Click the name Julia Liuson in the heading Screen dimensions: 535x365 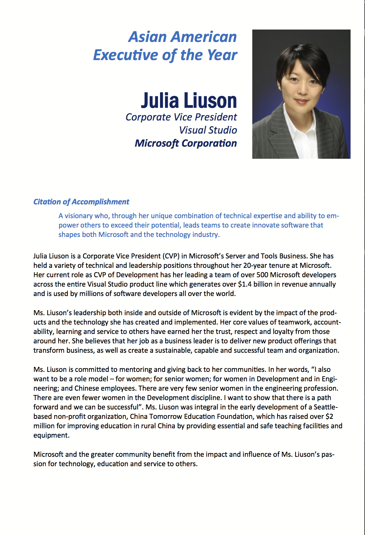189,100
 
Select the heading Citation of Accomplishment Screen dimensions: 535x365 81,202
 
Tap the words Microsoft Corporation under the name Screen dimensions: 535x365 186,143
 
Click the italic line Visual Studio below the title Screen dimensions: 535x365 208,130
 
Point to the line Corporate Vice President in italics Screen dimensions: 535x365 181,117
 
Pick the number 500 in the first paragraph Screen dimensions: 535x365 262,275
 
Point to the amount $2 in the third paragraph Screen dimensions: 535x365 329,417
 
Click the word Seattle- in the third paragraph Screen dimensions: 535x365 326,407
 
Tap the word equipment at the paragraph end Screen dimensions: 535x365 51,435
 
